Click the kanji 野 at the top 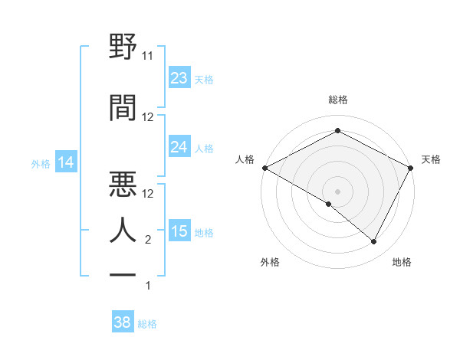coord(123,47)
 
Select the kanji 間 coord(123,108)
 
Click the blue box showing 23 coord(179,77)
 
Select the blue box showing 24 coord(179,147)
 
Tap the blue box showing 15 coord(179,231)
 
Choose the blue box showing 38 coord(123,322)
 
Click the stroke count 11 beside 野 coord(148,56)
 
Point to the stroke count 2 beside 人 coord(148,240)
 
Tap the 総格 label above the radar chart coord(337,100)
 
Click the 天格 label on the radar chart coord(431,159)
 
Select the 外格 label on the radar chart coord(270,262)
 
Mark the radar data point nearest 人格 coord(264,167)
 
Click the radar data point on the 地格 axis coord(374,242)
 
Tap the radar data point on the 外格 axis coord(329,204)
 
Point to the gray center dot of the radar coord(337,191)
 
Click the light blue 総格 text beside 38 coord(147,324)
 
